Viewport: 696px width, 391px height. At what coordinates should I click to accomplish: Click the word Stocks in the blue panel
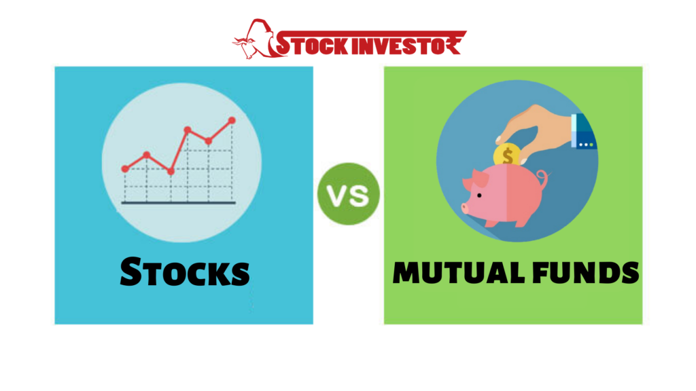pos(185,272)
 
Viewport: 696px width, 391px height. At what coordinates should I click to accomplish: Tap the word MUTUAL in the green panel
pos(459,272)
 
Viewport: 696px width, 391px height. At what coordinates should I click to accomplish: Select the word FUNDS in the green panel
pos(586,272)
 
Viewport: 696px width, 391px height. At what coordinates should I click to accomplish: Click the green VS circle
pos(349,194)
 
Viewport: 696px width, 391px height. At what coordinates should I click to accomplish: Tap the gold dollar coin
pos(507,155)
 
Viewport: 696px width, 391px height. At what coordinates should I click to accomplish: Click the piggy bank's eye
pos(479,195)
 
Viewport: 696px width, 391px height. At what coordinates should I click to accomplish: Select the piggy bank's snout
pos(465,208)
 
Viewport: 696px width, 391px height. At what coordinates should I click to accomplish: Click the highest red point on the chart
pos(232,121)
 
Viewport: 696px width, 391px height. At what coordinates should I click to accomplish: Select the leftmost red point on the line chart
pos(125,169)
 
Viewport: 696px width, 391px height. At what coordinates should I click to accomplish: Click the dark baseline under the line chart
pos(179,203)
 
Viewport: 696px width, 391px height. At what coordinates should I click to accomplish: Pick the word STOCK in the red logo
pos(312,45)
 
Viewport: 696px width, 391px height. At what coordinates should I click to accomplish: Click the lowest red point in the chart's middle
pos(171,171)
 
